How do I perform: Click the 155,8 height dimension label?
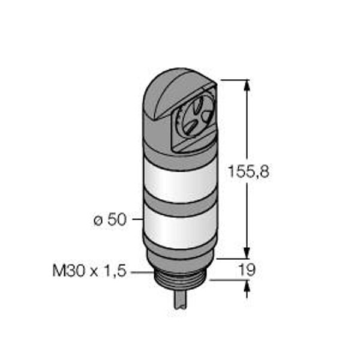tap(248, 171)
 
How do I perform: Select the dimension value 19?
tap(247, 270)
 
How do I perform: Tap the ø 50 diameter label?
tap(110, 220)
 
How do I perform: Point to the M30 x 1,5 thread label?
tap(89, 271)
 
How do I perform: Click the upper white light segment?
tap(181, 182)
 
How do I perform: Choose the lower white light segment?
tap(181, 227)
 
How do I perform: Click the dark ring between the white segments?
tap(181, 205)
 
